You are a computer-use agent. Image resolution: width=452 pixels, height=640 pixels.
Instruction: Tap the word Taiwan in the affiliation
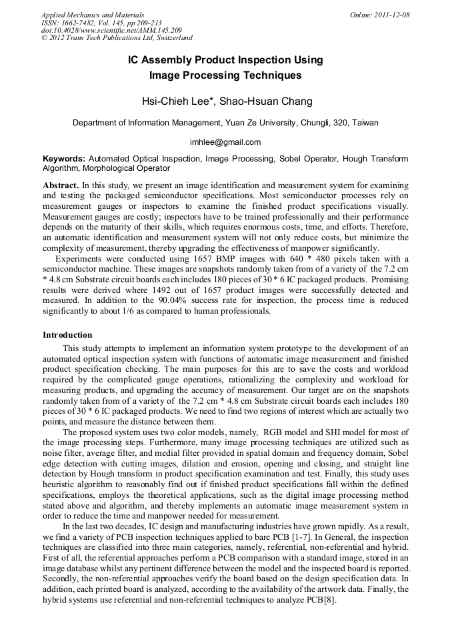365,123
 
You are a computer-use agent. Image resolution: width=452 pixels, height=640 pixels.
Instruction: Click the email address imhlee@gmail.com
225,142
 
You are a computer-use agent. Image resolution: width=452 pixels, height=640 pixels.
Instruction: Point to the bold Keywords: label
64,159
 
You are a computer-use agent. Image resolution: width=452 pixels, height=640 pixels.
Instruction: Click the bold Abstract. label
61,184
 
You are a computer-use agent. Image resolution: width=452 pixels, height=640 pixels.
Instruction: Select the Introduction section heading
67,334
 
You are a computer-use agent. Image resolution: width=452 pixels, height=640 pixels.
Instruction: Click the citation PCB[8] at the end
323,600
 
